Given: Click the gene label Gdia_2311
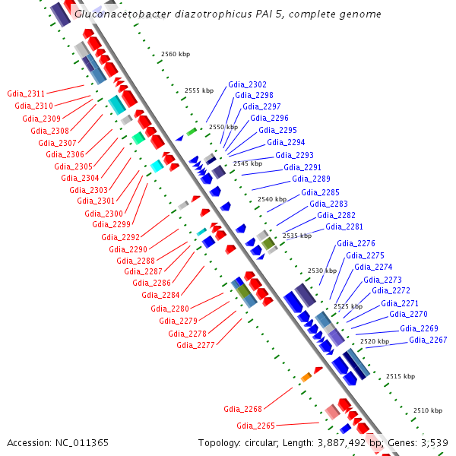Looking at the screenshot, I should pyautogui.click(x=26, y=93).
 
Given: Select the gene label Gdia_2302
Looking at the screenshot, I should pyautogui.click(x=247, y=84).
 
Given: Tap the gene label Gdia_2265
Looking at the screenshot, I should pyautogui.click(x=255, y=426).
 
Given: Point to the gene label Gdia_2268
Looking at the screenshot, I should pyautogui.click(x=242, y=408).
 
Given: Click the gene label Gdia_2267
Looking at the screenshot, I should pyautogui.click(x=428, y=340).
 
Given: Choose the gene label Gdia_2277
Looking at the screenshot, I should pyautogui.click(x=195, y=344).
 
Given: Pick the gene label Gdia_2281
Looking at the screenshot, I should pyautogui.click(x=344, y=226).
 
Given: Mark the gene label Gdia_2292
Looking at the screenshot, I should pyautogui.click(x=120, y=237).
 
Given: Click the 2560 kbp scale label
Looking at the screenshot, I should pyautogui.click(x=176, y=55).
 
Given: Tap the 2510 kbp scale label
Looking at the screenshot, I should pyautogui.click(x=427, y=410).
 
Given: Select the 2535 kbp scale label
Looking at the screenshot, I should pyautogui.click(x=296, y=236).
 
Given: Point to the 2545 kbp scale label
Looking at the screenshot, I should pyautogui.click(x=248, y=163).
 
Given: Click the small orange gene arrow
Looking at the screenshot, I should pyautogui.click(x=306, y=377).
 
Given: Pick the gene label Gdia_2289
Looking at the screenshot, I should pyautogui.click(x=311, y=179).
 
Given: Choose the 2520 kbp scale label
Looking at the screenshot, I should pyautogui.click(x=374, y=342).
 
